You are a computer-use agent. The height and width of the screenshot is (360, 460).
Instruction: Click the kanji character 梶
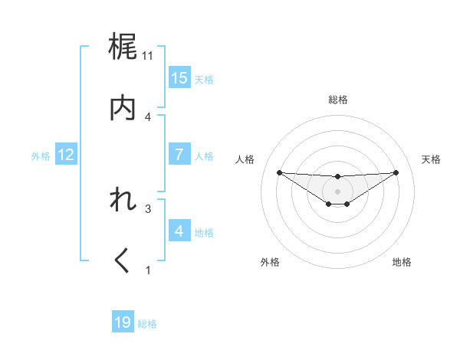pos(123,48)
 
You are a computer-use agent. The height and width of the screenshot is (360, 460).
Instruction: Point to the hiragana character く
pos(123,262)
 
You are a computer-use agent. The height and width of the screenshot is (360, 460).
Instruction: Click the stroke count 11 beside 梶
pos(148,55)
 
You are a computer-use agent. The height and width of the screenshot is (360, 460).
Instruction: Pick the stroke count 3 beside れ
pos(148,208)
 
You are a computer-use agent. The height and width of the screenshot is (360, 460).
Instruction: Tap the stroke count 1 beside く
pos(148,269)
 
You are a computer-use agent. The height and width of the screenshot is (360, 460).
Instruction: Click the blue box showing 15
pos(179,78)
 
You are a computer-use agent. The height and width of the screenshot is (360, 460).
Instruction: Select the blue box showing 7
pos(179,155)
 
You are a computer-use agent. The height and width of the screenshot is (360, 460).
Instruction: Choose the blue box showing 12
pos(66,155)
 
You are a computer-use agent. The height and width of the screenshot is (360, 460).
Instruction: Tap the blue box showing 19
pos(123,322)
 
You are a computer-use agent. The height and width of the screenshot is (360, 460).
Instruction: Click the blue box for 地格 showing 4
pos(179,231)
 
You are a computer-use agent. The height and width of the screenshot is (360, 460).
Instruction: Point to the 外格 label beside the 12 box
pos(41,156)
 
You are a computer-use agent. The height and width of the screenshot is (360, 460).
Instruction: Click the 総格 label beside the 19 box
pos(147,324)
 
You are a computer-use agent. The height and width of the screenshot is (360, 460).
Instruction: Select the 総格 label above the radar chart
pos(337,100)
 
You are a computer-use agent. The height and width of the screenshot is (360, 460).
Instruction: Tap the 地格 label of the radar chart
pos(402,262)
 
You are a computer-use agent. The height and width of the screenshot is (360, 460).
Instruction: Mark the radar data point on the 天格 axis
pos(396,172)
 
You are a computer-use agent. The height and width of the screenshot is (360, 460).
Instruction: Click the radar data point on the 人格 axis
pos(279,172)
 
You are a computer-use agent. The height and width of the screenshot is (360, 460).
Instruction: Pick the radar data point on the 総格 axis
pos(337,177)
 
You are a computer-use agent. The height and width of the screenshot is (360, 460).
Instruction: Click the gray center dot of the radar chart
pos(337,191)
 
